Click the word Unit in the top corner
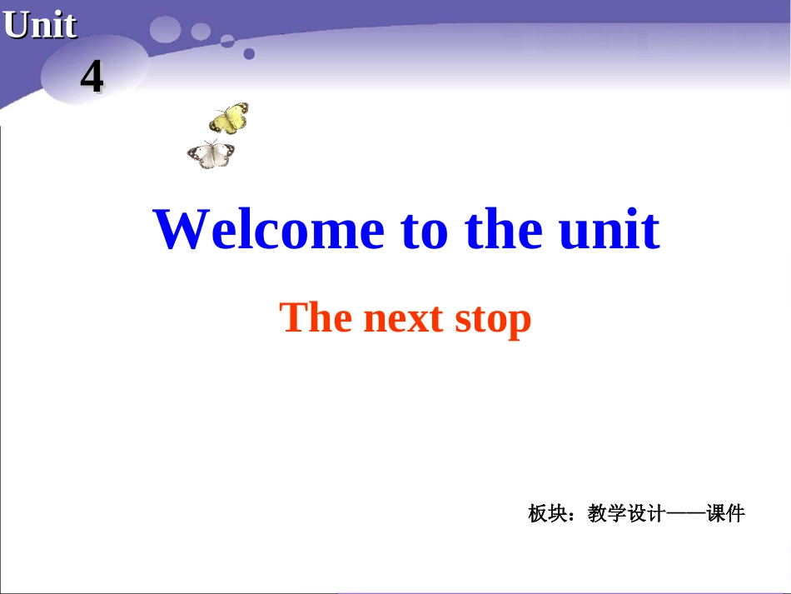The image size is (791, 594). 40,25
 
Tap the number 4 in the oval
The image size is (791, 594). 92,77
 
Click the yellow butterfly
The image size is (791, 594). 229,118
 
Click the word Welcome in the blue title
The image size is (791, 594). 269,230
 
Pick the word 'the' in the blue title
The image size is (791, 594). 504,230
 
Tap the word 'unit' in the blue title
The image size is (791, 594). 609,230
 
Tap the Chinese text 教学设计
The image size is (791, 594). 625,514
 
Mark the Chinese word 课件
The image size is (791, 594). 725,514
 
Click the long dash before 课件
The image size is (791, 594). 684,514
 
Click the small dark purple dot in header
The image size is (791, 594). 249,54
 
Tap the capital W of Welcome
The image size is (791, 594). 179,230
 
